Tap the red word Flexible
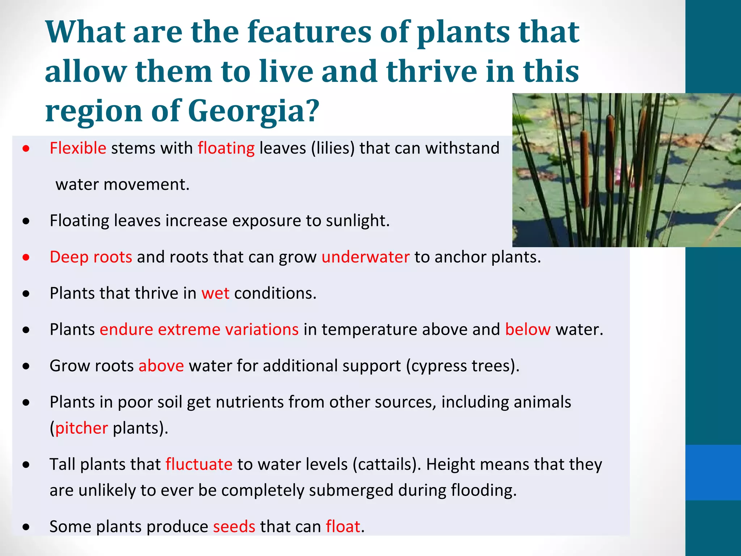pyautogui.click(x=78, y=148)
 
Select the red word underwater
pyautogui.click(x=365, y=257)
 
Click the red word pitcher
pyautogui.click(x=81, y=428)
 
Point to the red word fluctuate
pyautogui.click(x=199, y=464)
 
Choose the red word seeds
pyautogui.click(x=234, y=526)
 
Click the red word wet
pyautogui.click(x=215, y=293)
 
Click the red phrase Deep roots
pyautogui.click(x=91, y=257)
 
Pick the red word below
pyautogui.click(x=528, y=329)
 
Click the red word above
pyautogui.click(x=161, y=366)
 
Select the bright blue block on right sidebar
pyautogui.click(x=713, y=472)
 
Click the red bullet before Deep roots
pyautogui.click(x=26, y=257)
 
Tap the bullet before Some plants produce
pyautogui.click(x=26, y=527)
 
